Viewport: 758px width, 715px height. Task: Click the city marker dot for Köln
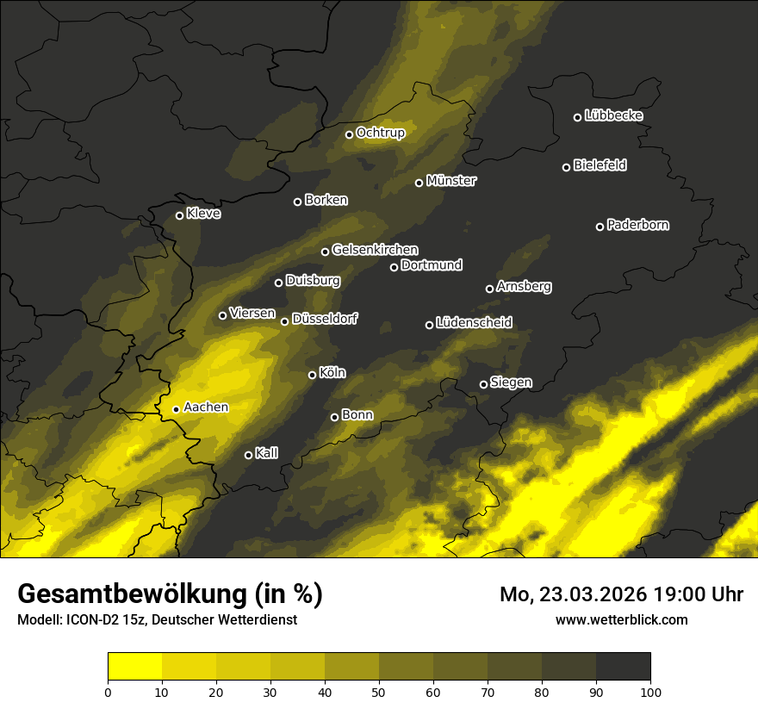(313, 375)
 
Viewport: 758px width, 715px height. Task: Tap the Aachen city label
(206, 407)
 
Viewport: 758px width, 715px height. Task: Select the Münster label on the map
(451, 181)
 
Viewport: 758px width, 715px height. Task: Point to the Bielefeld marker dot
(567, 167)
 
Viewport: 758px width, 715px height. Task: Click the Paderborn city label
(637, 225)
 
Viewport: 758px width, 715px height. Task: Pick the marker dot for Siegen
(483, 384)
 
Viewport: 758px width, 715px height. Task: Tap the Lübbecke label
(613, 115)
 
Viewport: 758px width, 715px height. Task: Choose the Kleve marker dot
(180, 215)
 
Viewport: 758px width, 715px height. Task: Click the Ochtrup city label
(380, 133)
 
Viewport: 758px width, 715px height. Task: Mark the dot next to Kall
(249, 455)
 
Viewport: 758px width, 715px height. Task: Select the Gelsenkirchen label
(375, 250)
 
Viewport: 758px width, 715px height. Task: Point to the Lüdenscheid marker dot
(430, 325)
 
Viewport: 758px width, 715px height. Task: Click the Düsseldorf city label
(324, 319)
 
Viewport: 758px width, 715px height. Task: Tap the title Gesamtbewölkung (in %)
(170, 594)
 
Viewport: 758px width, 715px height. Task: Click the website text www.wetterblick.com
(621, 619)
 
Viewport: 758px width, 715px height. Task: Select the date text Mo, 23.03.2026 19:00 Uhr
(621, 594)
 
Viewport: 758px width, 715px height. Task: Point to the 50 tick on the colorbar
(379, 691)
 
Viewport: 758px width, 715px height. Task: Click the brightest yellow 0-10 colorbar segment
(135, 667)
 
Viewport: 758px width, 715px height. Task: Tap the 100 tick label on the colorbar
(650, 691)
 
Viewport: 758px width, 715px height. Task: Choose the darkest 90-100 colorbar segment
(623, 667)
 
